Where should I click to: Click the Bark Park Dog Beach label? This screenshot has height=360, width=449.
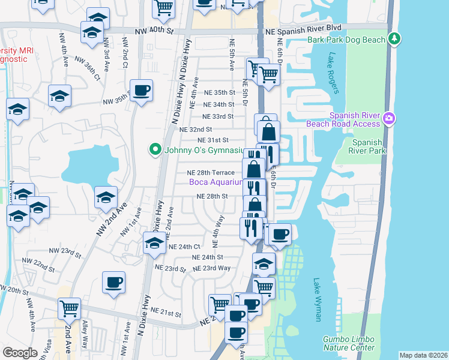coord(346,40)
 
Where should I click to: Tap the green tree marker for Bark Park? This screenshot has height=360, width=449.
coord(394,39)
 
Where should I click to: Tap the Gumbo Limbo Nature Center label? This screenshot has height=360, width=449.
coord(348,343)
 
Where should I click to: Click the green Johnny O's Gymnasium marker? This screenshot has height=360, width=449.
coord(155,149)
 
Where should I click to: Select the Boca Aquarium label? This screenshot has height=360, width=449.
coord(216,182)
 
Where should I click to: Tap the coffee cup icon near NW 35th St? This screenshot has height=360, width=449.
coord(141,91)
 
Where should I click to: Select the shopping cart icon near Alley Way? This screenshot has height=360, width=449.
coord(69,308)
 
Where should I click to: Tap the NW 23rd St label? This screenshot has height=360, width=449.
coord(65,253)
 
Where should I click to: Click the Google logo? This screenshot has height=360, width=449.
coord(20,353)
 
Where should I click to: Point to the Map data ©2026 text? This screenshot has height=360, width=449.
coord(423,355)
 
